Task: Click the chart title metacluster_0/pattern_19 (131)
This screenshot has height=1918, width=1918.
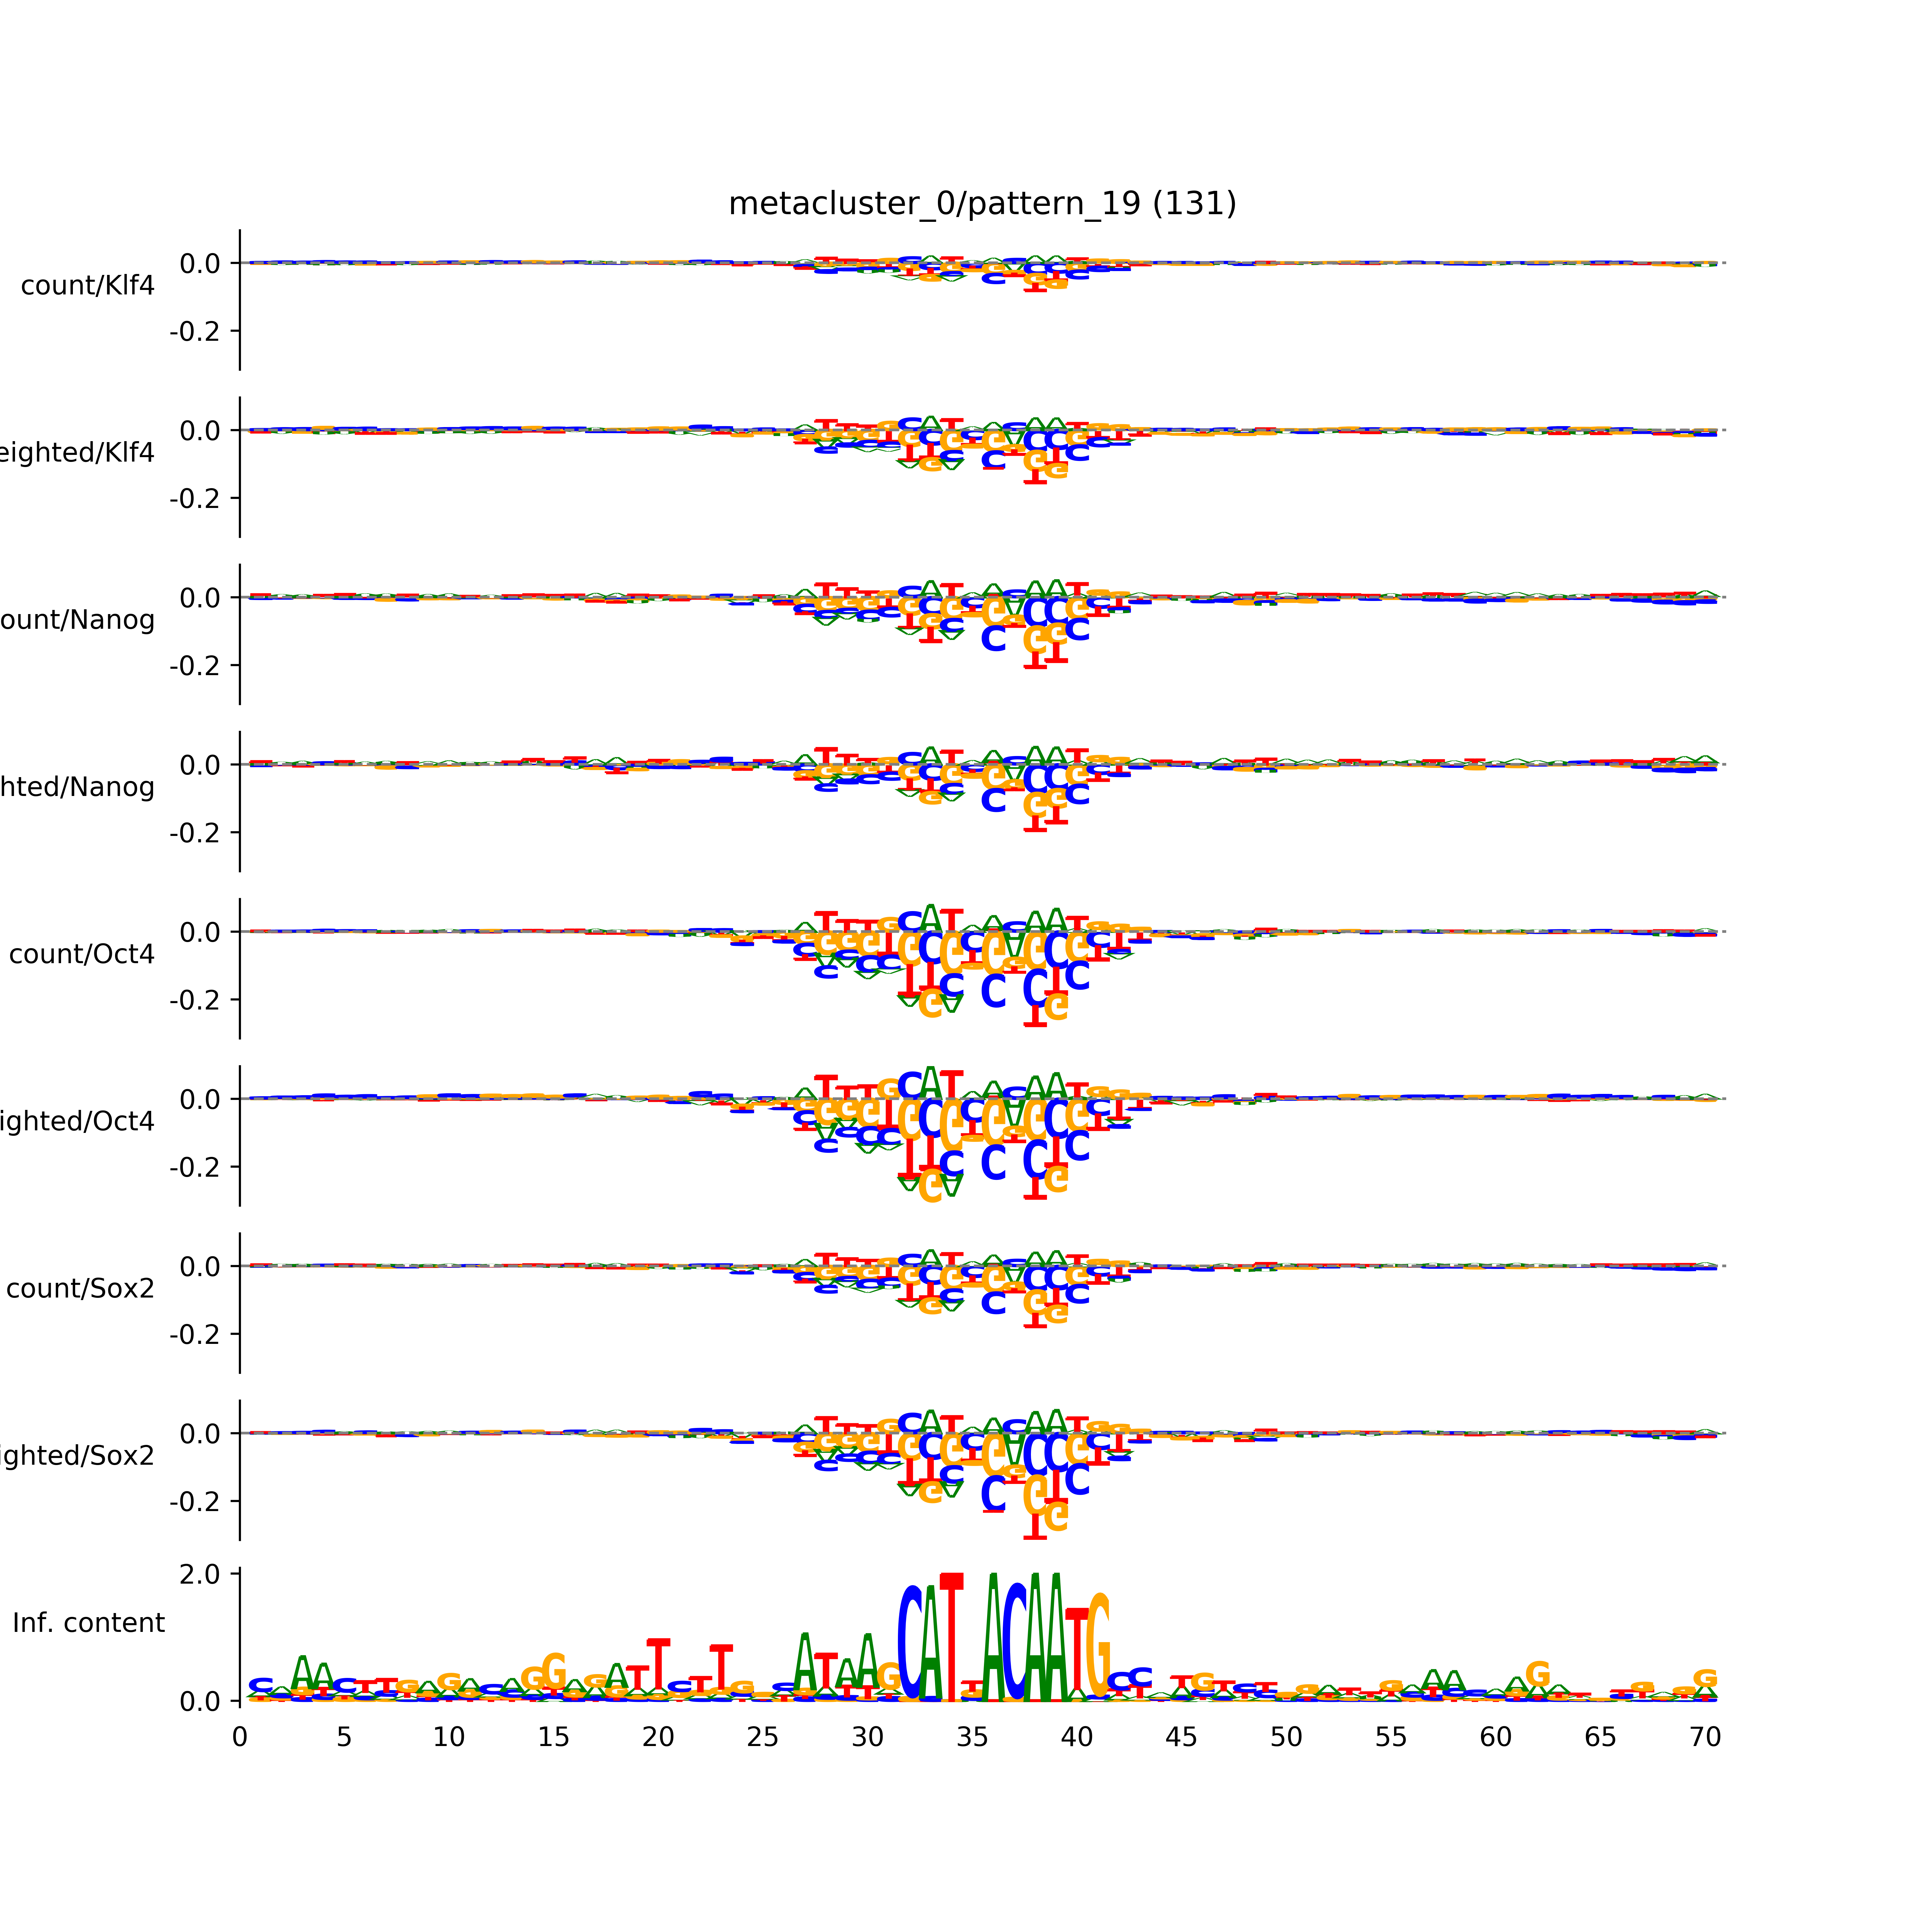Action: pos(982,204)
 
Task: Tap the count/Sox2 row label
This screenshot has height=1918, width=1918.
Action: pos(81,1289)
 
